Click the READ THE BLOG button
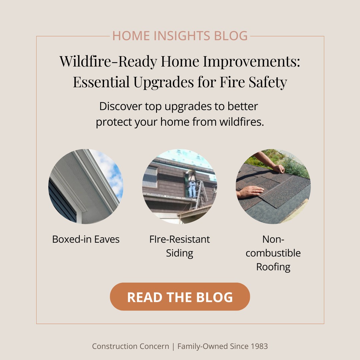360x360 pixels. coord(180,297)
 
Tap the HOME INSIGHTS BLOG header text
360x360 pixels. coord(180,36)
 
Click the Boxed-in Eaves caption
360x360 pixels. coord(86,239)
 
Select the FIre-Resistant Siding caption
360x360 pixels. coord(180,246)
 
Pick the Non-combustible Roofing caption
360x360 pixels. coord(273,253)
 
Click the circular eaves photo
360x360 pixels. coord(86,186)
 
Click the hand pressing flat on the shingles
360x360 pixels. coord(250,191)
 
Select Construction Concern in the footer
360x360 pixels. coord(130,346)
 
